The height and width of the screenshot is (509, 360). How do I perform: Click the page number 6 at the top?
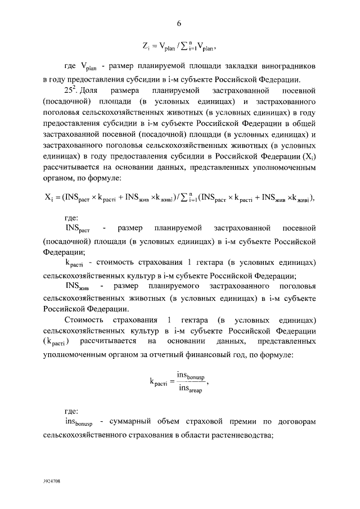tap(179, 23)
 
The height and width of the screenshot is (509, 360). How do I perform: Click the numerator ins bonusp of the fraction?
tap(191, 376)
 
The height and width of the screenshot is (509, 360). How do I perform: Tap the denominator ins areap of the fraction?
tap(191, 389)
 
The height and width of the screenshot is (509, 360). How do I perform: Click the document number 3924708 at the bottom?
tap(52, 482)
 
